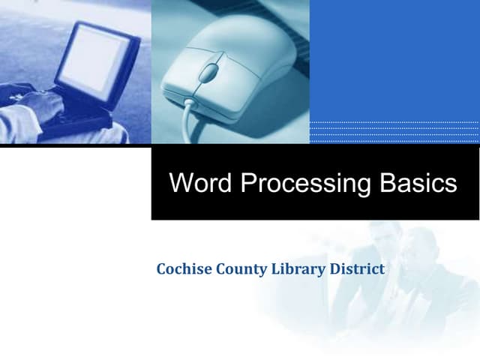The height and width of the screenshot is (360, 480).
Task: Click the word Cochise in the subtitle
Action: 182,268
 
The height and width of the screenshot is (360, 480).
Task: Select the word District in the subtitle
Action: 357,268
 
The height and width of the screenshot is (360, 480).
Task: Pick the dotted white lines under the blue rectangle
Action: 394,131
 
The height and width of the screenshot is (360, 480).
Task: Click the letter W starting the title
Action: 181,183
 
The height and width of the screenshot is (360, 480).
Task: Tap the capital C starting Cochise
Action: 161,268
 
